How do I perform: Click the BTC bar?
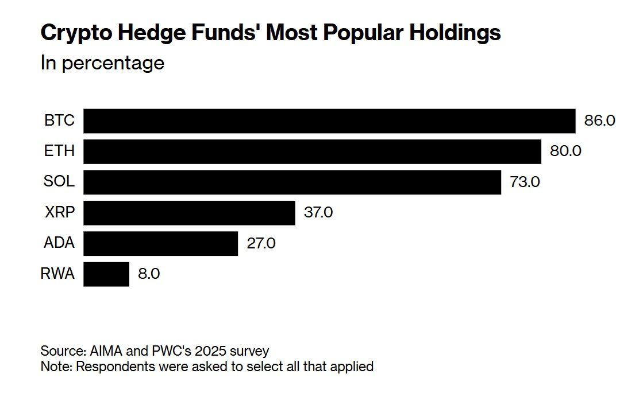pos(329,121)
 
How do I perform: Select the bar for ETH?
pos(312,151)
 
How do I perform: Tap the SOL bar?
pos(292,182)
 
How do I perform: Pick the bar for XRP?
pos(189,213)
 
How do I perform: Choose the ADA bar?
pos(160,243)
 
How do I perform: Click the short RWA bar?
pos(106,274)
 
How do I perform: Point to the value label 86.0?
pos(600,121)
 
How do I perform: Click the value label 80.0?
pos(566,151)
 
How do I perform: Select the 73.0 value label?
pos(525,182)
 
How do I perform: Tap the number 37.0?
pos(318,213)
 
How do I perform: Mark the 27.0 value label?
pos(261,243)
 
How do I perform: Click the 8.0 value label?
pos(149,274)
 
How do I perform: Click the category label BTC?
pos(60,121)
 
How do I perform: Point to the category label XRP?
pos(60,213)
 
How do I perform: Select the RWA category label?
pos(58,274)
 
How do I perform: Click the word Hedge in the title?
pos(152,33)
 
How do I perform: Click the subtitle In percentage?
pos(102,63)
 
